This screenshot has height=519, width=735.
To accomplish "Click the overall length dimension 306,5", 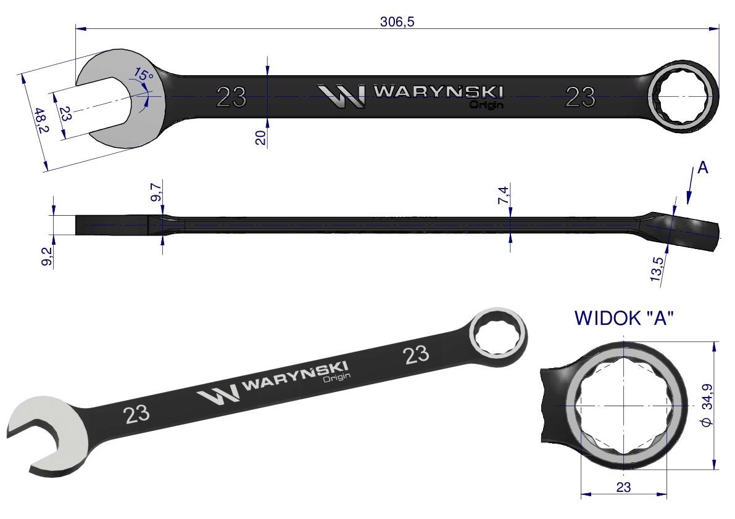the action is click(397, 22).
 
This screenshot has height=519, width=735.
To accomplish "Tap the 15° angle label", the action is click(143, 75).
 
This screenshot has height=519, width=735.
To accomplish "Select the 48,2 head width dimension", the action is click(42, 120).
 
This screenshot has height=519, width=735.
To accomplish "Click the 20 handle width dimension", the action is click(260, 137).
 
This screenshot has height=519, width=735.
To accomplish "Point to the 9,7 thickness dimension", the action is click(156, 192).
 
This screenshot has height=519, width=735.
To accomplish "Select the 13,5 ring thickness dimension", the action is click(657, 269).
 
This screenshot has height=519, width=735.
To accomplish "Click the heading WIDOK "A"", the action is click(623, 318).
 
